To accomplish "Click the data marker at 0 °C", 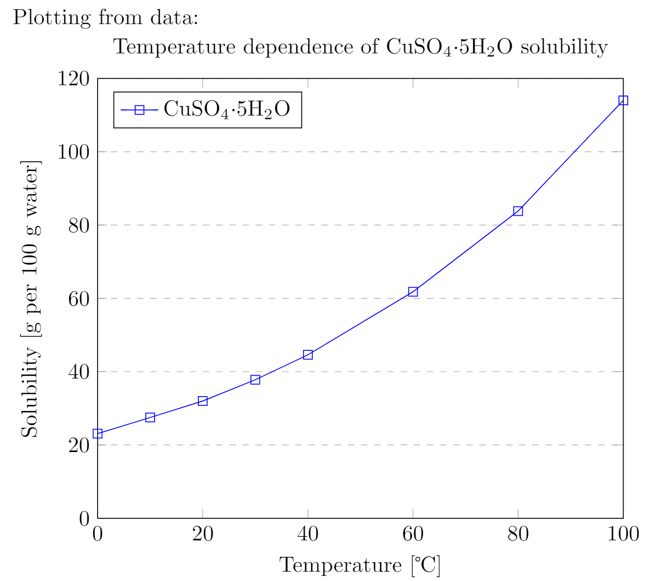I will click(98, 434).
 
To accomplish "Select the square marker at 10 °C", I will click(150, 417).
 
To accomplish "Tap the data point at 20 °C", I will click(202, 401).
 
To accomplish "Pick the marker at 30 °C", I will click(255, 380).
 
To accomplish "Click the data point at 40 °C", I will click(308, 354).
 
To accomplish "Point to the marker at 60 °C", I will click(413, 292).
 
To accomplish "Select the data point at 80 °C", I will click(518, 211).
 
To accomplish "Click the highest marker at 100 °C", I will click(623, 100).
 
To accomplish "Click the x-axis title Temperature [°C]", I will click(360, 565).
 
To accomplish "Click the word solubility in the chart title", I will click(564, 47).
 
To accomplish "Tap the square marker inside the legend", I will click(139, 109).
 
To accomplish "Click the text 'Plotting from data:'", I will click(105, 17).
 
